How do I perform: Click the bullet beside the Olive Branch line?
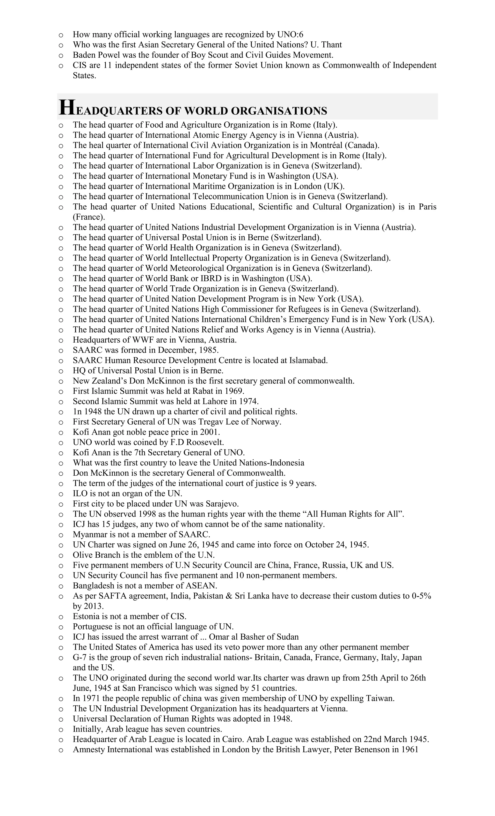pos(61,555)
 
